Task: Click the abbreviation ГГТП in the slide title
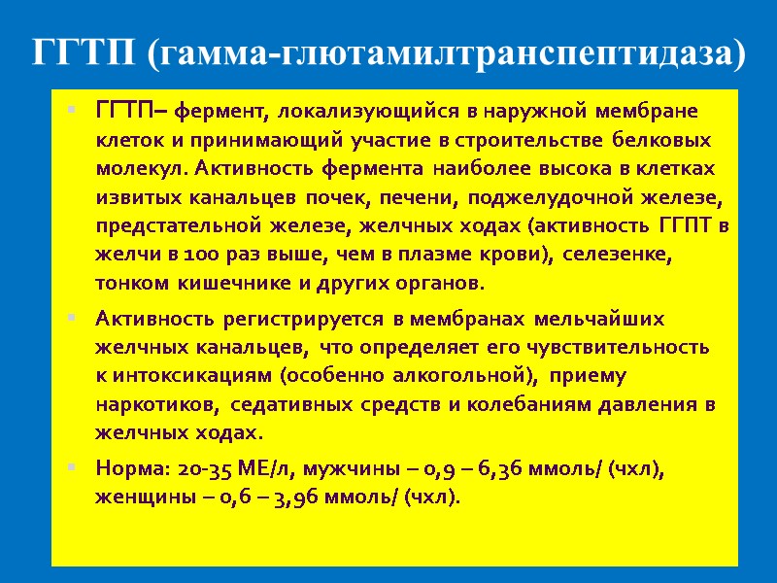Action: (84, 51)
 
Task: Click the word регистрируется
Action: (306, 318)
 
